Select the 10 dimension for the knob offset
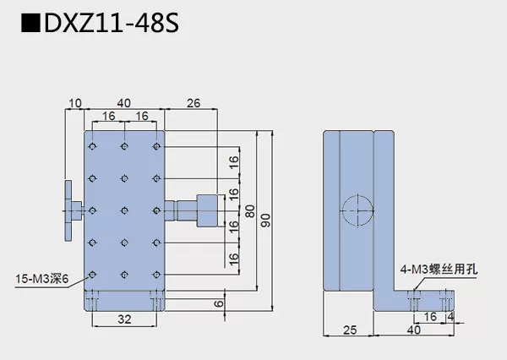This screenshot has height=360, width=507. click(x=76, y=103)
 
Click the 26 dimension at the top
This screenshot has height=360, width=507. click(x=192, y=103)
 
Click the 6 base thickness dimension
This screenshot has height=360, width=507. click(x=219, y=301)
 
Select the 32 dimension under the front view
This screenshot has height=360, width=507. click(x=124, y=320)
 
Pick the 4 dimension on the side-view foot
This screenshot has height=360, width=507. click(x=452, y=317)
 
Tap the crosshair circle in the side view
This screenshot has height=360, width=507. click(x=356, y=207)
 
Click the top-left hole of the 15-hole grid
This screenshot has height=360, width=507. click(x=94, y=147)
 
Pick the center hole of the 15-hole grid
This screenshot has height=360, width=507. click(x=124, y=209)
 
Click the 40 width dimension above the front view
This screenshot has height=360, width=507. click(x=124, y=103)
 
